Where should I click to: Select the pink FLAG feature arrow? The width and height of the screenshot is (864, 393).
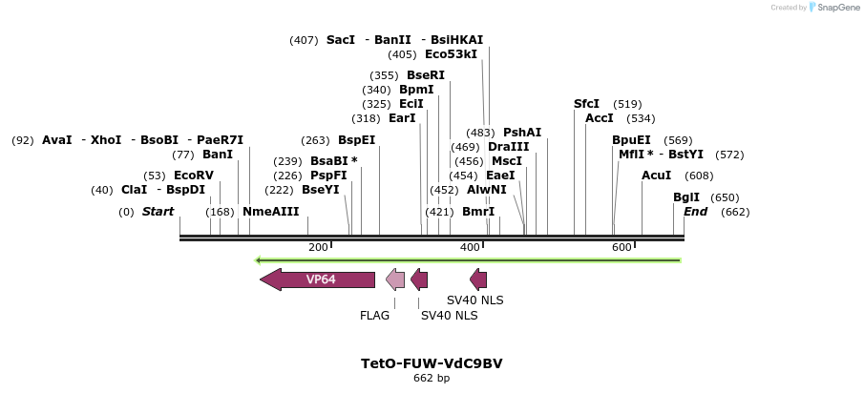point(395,279)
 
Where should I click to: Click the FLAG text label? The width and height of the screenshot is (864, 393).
point(375,315)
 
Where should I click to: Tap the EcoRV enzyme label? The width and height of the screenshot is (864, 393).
point(194,176)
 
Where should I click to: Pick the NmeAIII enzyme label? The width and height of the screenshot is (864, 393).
point(271,212)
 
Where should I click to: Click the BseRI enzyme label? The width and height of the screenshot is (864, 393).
point(426,75)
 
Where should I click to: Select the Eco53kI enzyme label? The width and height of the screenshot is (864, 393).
point(451,54)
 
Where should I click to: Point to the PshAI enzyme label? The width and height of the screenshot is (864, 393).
point(522,133)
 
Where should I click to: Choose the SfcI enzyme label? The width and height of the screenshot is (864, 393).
point(587,104)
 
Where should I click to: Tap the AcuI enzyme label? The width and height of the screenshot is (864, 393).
point(657,176)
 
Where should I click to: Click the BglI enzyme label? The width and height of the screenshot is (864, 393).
point(686,197)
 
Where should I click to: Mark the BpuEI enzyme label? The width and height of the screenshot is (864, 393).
point(631,140)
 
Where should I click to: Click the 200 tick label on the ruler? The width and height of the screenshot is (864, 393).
point(318,248)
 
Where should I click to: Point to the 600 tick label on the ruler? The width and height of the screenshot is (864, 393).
point(622,248)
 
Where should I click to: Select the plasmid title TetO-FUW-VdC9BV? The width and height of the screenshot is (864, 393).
point(432,363)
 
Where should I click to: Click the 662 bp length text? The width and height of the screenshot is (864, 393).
point(432,379)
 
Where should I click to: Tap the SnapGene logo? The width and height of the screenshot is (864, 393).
point(833,8)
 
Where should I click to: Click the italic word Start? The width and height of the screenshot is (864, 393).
point(158,212)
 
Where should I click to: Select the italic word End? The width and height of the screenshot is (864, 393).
point(695,212)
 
